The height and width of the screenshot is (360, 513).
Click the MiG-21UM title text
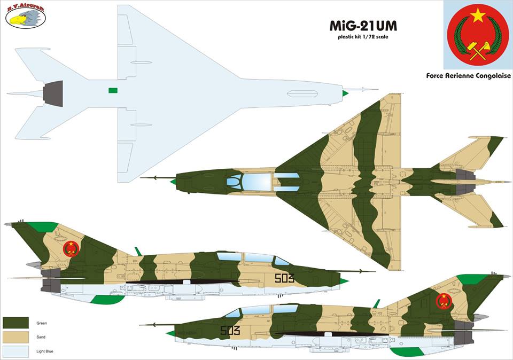click(x=363, y=26)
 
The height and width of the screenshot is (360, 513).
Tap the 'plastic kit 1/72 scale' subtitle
click(x=363, y=37)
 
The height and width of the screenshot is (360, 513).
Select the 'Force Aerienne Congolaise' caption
click(x=469, y=76)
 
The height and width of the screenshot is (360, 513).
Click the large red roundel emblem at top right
click(x=478, y=35)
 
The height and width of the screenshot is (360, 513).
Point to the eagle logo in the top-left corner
click(x=25, y=18)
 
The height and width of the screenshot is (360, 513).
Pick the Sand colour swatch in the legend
click(x=15, y=337)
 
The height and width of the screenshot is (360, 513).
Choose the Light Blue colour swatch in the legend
click(x=15, y=351)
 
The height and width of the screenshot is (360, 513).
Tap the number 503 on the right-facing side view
click(x=284, y=278)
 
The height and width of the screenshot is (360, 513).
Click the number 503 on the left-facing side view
click(x=230, y=331)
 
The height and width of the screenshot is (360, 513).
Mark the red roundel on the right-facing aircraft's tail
click(x=71, y=248)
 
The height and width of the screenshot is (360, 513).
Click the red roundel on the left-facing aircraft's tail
click(x=444, y=301)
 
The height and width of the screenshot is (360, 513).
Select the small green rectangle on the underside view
click(x=112, y=90)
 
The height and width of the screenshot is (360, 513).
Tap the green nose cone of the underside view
click(x=345, y=93)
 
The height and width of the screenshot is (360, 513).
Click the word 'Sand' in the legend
click(x=41, y=338)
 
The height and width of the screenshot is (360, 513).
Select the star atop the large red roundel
click(x=478, y=15)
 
